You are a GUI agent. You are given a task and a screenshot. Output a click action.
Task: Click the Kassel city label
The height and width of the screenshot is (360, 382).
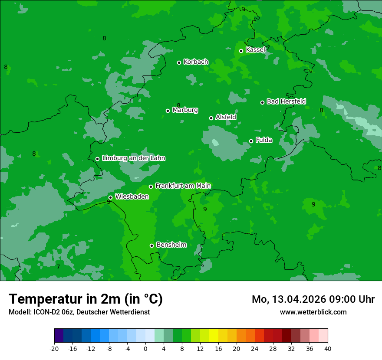pyautogui.click(x=255, y=50)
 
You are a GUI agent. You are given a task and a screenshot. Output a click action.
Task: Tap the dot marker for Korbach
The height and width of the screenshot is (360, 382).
pyautogui.click(x=179, y=62)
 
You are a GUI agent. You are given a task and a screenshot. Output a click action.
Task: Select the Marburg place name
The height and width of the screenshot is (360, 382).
pyautogui.click(x=185, y=110)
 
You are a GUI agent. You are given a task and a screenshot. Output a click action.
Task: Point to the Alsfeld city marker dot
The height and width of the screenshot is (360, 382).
pyautogui.click(x=211, y=118)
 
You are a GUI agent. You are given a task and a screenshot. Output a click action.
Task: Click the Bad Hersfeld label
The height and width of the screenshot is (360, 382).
pyautogui.click(x=286, y=101)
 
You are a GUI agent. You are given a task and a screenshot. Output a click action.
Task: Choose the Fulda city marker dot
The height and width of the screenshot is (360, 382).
pyautogui.click(x=251, y=141)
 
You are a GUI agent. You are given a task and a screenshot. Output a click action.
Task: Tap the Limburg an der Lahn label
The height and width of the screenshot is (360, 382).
pyautogui.click(x=133, y=158)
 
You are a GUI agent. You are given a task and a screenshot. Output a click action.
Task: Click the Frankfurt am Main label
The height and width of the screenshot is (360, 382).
pyautogui.click(x=183, y=186)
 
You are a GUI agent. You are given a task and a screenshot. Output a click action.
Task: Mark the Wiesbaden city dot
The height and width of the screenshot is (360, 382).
pyautogui.click(x=110, y=197)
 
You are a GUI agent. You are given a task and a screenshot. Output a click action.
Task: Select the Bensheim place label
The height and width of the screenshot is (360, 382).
pyautogui.click(x=171, y=245)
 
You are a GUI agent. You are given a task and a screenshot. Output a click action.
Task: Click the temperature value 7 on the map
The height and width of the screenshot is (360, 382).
pyautogui.click(x=58, y=267)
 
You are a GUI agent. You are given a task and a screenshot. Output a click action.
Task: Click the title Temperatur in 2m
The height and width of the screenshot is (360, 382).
pyautogui.click(x=86, y=299)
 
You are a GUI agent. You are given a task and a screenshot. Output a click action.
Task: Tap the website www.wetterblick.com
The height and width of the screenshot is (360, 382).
pyautogui.click(x=313, y=312)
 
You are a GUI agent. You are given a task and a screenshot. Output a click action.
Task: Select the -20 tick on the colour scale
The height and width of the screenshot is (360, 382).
pyautogui.click(x=54, y=348)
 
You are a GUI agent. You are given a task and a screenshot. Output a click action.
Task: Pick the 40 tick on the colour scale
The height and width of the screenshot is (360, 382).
pyautogui.click(x=328, y=348)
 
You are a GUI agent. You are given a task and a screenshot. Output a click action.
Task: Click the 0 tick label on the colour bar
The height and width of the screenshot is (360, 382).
pyautogui.click(x=145, y=348)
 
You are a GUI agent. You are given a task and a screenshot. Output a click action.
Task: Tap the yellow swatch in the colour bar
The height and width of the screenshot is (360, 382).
pyautogui.click(x=214, y=336)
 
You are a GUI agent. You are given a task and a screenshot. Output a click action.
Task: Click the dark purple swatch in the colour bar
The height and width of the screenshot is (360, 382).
pyautogui.click(x=59, y=336)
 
